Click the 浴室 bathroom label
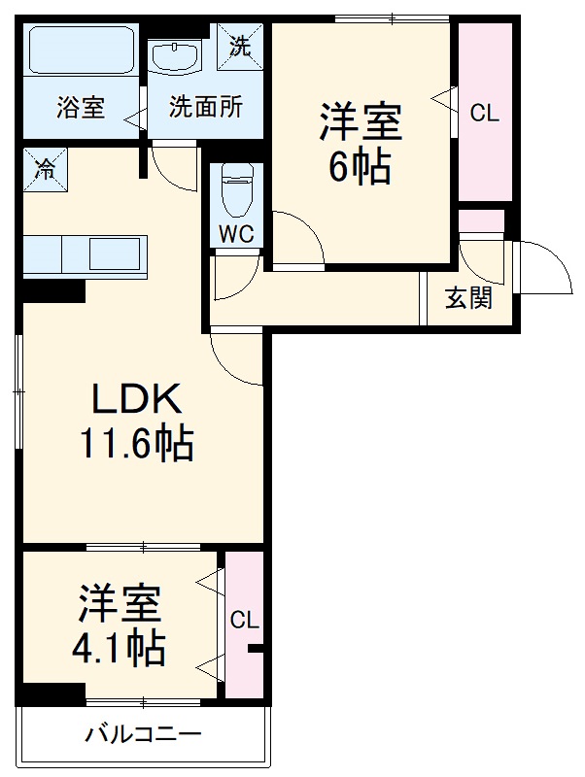pyautogui.click(x=81, y=107)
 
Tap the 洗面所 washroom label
pyautogui.click(x=205, y=107)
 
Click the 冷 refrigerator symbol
pyautogui.click(x=46, y=167)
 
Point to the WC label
pyautogui.click(x=237, y=235)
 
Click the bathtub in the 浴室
pyautogui.click(x=82, y=50)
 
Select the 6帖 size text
pyautogui.click(x=361, y=168)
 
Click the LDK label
pyautogui.click(x=136, y=398)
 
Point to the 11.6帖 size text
pyautogui.click(x=136, y=444)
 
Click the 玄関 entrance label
pyautogui.click(x=468, y=298)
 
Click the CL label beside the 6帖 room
pyautogui.click(x=484, y=113)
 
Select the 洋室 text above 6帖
pyautogui.click(x=361, y=123)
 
